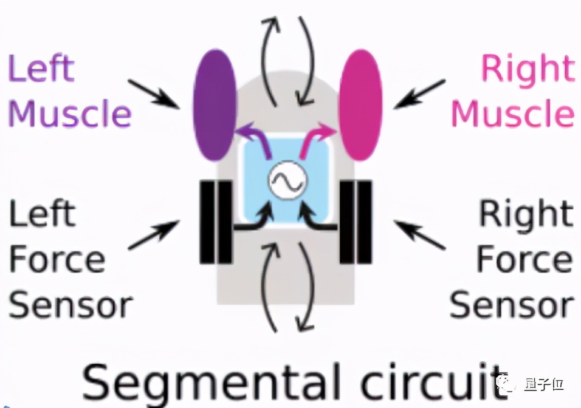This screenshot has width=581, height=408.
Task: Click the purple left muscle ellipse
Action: [215, 104]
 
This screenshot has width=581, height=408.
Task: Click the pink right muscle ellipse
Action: [361, 104]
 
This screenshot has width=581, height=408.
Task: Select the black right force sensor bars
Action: [356, 221]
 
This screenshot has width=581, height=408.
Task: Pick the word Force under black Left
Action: [58, 259]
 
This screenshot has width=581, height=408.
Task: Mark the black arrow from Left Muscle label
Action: [155, 94]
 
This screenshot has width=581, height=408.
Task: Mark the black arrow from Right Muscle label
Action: [419, 94]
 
